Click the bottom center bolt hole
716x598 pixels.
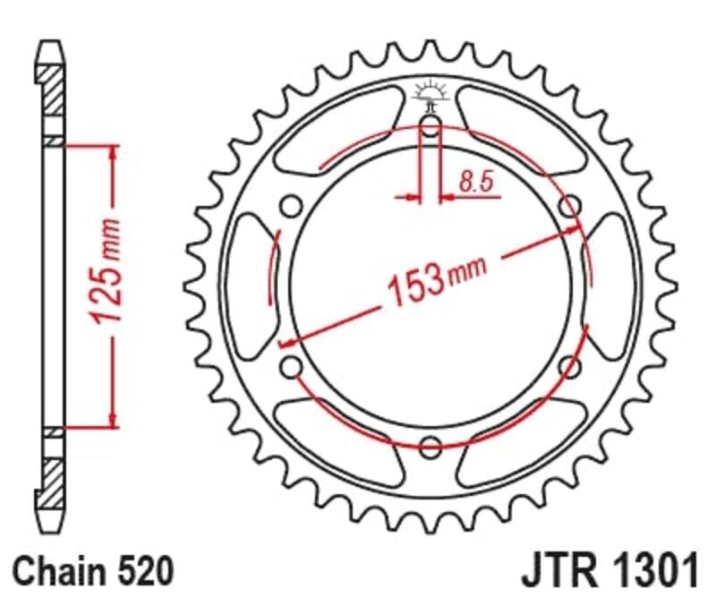pyautogui.click(x=430, y=445)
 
